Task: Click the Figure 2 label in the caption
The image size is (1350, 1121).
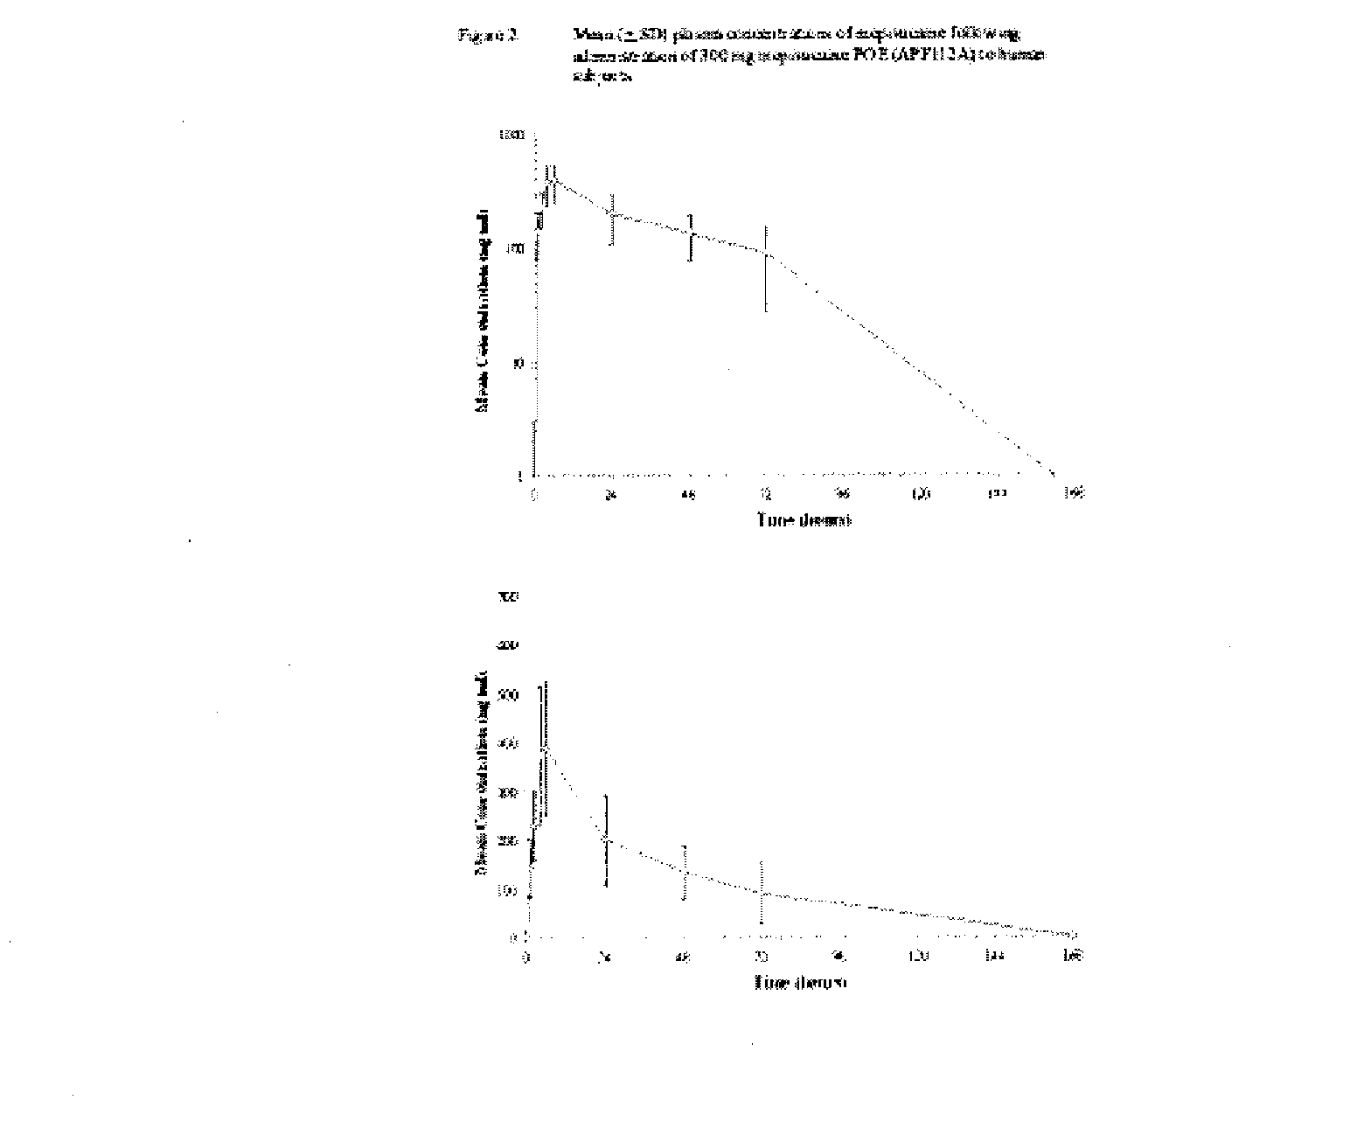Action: [x=489, y=35]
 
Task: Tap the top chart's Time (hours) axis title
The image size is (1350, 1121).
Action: [x=804, y=520]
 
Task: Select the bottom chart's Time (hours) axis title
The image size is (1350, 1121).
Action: [x=801, y=983]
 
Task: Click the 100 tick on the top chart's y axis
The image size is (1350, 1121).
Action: [x=513, y=249]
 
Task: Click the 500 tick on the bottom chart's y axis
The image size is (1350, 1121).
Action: [x=507, y=695]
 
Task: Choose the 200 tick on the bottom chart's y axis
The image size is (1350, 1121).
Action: [x=507, y=842]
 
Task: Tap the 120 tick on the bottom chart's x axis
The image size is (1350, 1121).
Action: [x=919, y=957]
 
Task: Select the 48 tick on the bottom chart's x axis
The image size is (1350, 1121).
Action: [x=685, y=957]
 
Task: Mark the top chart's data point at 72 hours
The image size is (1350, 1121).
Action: [x=766, y=254]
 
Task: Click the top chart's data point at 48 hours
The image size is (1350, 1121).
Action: [x=691, y=234]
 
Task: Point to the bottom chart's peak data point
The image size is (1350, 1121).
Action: [x=545, y=749]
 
